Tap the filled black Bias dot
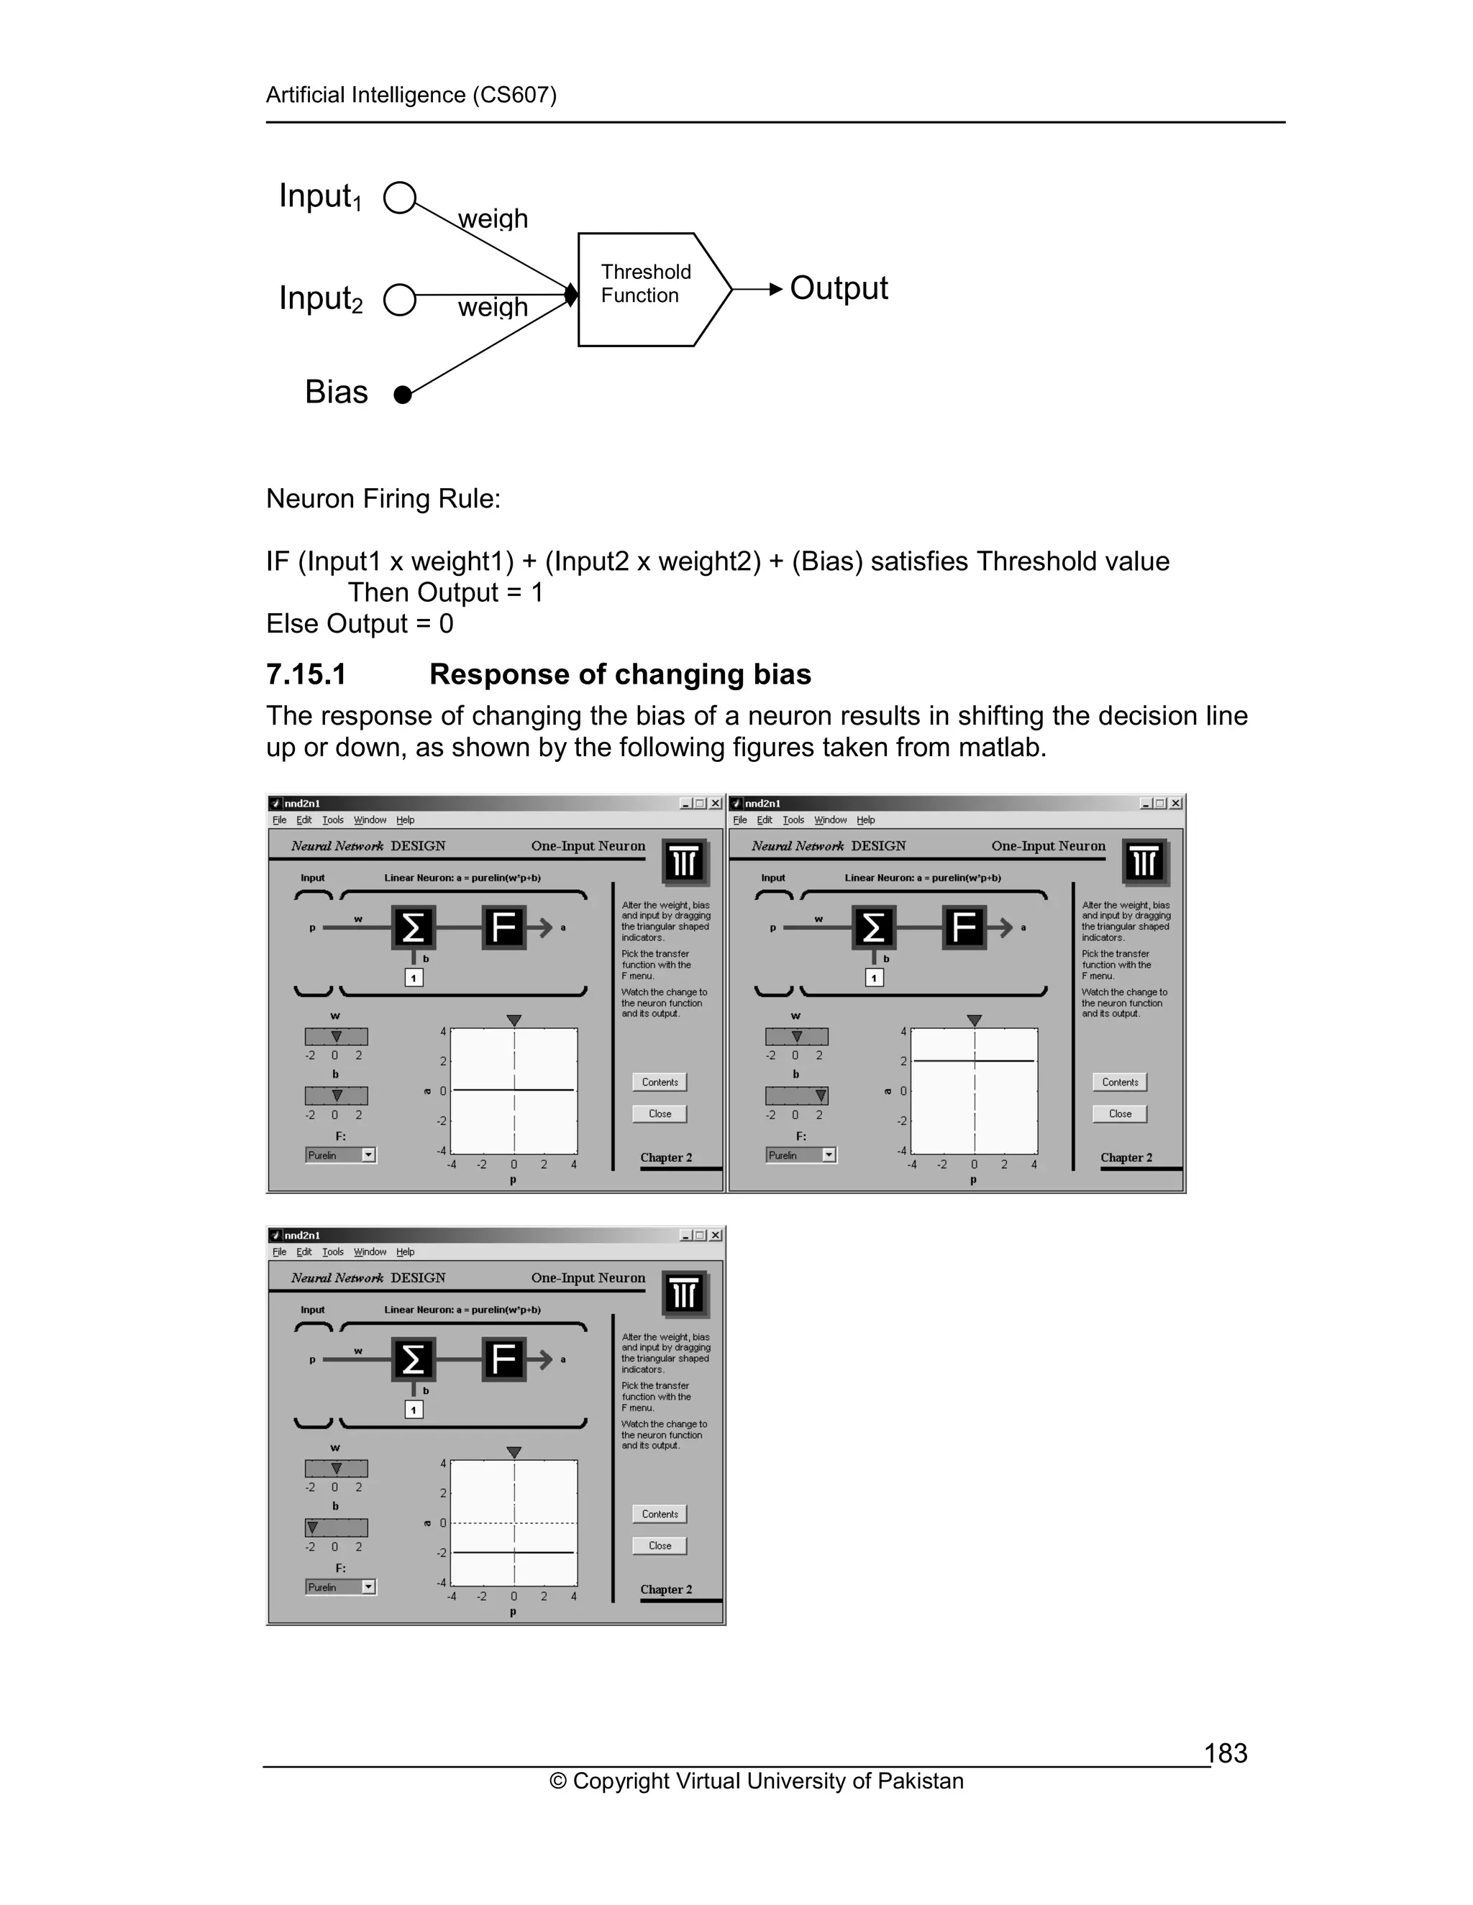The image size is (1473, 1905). pyautogui.click(x=402, y=395)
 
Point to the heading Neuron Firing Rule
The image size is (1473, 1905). pyautogui.click(x=383, y=499)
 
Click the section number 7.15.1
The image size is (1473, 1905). pyautogui.click(x=306, y=674)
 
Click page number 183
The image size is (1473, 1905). pyautogui.click(x=1225, y=1753)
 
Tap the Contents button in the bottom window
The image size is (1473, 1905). pyautogui.click(x=660, y=1514)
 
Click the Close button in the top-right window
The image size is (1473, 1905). pyautogui.click(x=1120, y=1114)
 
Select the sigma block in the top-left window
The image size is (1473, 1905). pyautogui.click(x=413, y=927)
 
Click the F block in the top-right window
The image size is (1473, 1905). pyautogui.click(x=963, y=927)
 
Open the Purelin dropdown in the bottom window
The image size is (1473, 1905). pyautogui.click(x=368, y=1587)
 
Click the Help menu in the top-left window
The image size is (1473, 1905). pyautogui.click(x=405, y=820)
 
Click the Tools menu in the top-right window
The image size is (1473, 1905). pyautogui.click(x=793, y=820)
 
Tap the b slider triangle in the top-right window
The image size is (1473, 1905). pyautogui.click(x=820, y=1096)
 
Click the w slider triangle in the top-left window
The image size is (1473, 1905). pyautogui.click(x=336, y=1036)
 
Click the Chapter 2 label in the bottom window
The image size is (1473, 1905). pyautogui.click(x=666, y=1589)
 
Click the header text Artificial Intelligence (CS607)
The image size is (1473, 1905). pyautogui.click(x=411, y=95)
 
